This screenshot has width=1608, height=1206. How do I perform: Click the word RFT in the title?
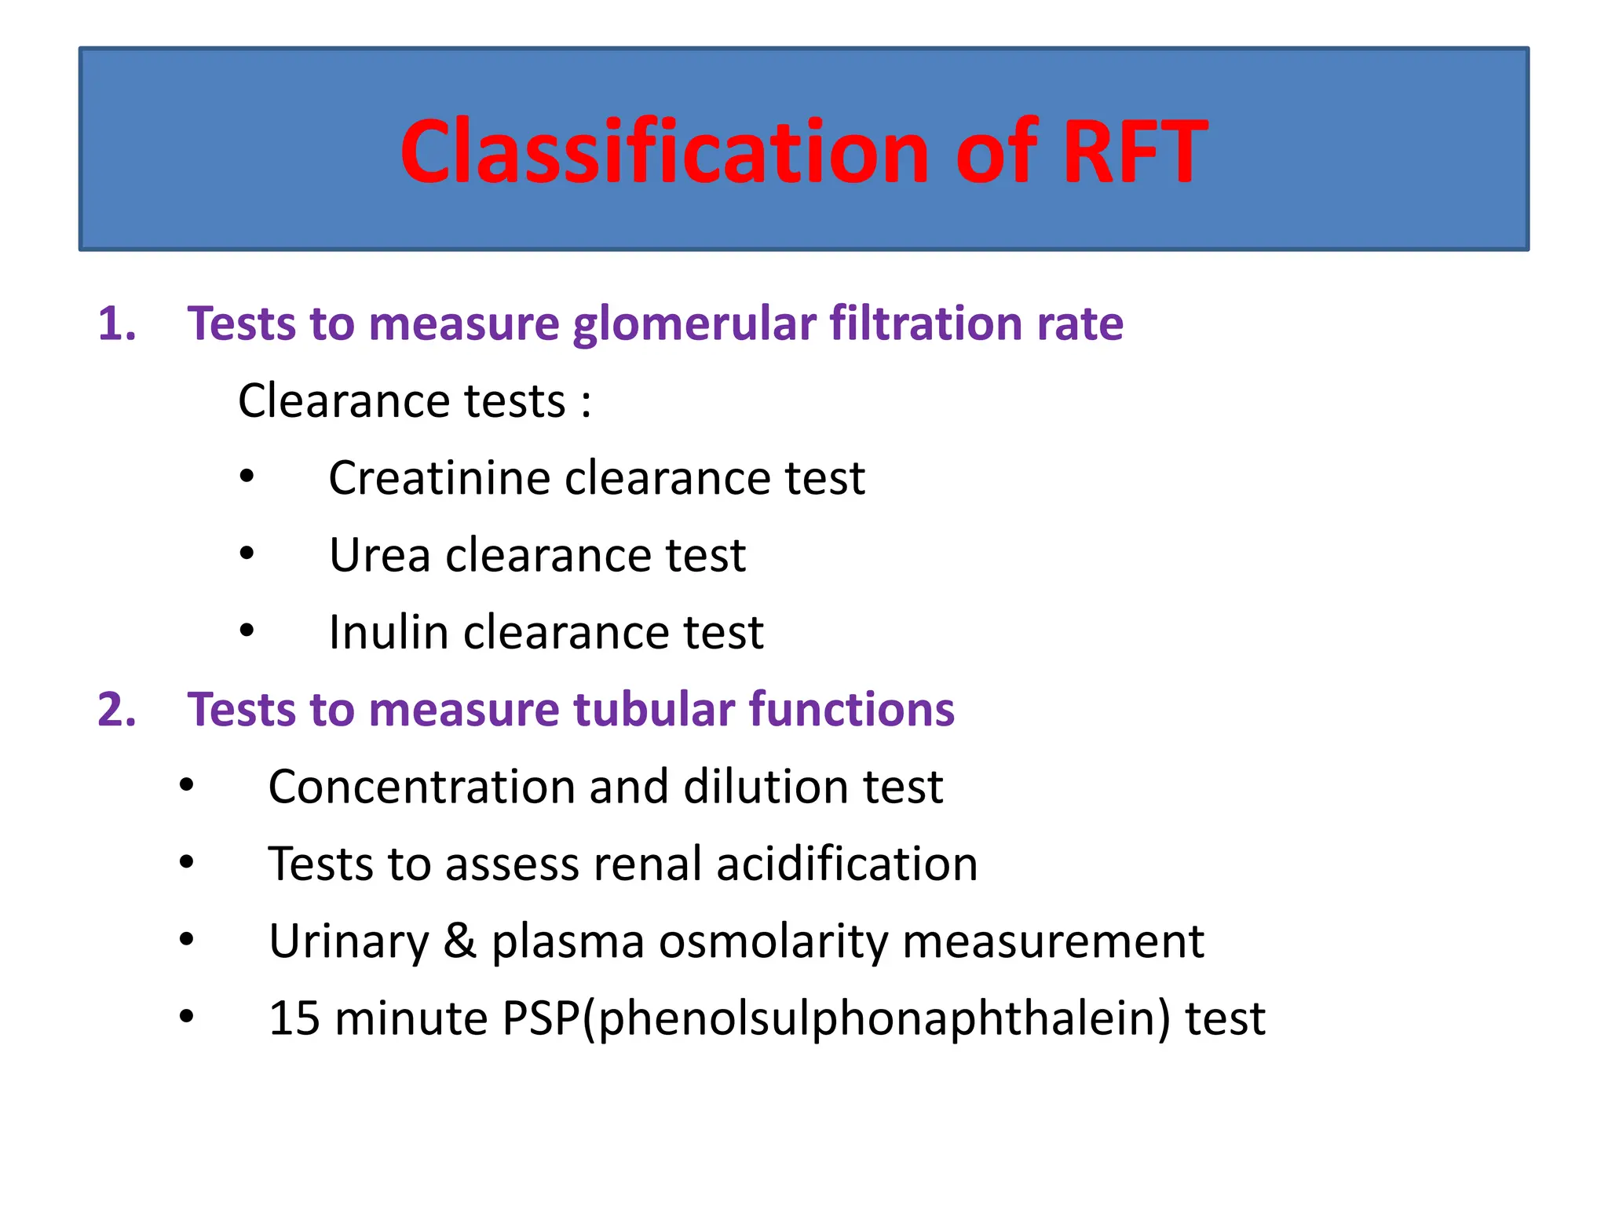(1134, 151)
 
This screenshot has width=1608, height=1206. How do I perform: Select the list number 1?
(116, 323)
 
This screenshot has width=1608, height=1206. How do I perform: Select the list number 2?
(116, 709)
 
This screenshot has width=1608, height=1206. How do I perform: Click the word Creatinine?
(439, 477)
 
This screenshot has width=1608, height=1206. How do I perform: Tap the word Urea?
(379, 555)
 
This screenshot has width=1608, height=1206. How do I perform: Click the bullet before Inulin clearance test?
(247, 630)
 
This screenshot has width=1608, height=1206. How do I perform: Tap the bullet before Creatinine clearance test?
(247, 476)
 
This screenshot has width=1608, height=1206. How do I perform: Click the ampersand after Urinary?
(460, 941)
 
